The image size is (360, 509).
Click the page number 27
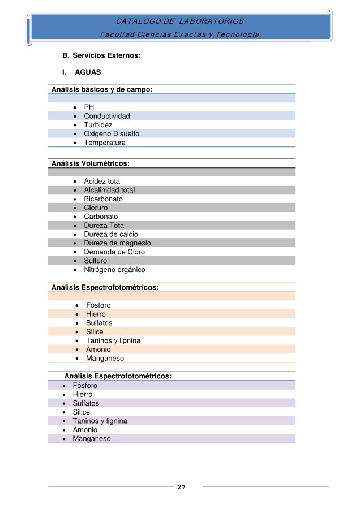(x=182, y=487)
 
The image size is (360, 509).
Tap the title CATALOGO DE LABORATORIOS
(x=179, y=21)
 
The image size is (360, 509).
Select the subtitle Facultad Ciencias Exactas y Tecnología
(x=179, y=34)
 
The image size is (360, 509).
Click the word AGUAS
(x=88, y=72)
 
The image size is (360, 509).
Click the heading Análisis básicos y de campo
(x=102, y=89)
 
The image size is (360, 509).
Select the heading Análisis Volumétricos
(x=91, y=163)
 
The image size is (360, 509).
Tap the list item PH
(x=89, y=107)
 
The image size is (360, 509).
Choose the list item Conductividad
(x=107, y=116)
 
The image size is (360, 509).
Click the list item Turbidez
(x=98, y=125)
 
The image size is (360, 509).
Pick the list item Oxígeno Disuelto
(x=112, y=134)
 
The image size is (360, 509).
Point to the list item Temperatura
(x=105, y=143)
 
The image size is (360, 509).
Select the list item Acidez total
(x=102, y=181)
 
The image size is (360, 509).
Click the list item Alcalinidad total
(x=109, y=190)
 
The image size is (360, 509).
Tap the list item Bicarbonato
(x=103, y=199)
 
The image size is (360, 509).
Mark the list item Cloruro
(x=96, y=208)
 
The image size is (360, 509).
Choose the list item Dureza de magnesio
(x=117, y=243)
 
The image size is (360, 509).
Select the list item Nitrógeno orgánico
(x=114, y=270)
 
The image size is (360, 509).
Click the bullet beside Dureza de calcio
(x=75, y=235)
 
